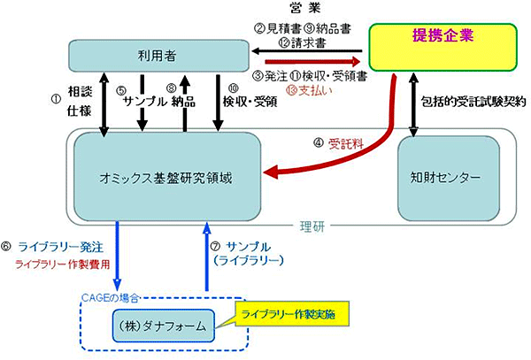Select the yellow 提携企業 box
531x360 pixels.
pos(442,48)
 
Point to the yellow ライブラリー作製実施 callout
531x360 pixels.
pos(291,313)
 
